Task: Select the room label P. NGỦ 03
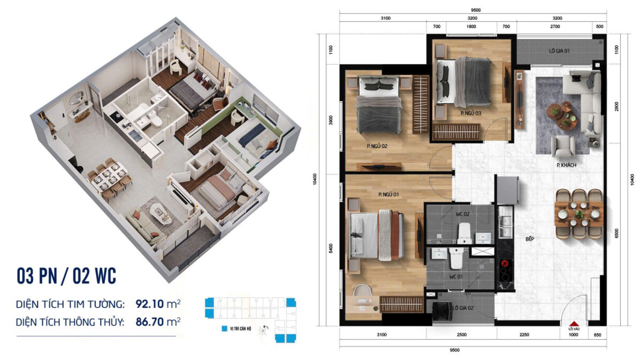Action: (x=471, y=113)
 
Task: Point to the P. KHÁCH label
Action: (x=566, y=165)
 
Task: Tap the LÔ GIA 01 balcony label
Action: (x=559, y=51)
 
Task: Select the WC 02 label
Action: (x=463, y=214)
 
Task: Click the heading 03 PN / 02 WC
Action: (x=66, y=277)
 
